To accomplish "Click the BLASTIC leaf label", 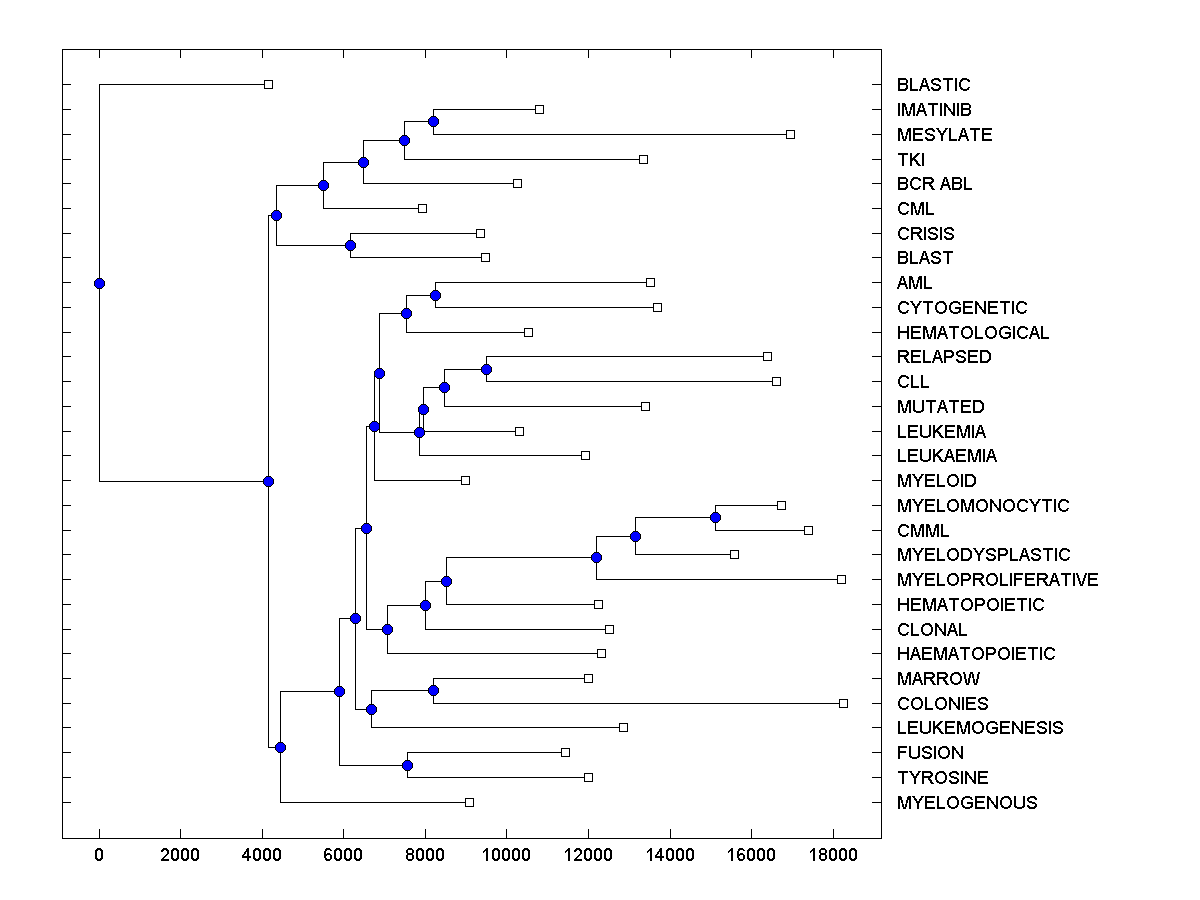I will [933, 85].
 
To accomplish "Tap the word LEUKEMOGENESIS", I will [980, 728].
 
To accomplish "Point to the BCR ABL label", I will [934, 184].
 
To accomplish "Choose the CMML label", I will [923, 531].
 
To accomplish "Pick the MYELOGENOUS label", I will [967, 803].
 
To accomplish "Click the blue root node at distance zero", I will [99, 283].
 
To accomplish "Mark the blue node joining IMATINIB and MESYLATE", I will [433, 122].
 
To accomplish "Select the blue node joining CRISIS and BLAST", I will [350, 245].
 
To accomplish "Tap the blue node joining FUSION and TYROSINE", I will [407, 765].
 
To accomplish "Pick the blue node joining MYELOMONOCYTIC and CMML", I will [715, 517].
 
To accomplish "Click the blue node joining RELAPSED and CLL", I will [486, 369].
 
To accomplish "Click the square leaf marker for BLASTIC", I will [268, 84].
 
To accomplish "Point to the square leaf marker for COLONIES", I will [843, 703].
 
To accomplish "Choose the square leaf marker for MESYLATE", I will [790, 134].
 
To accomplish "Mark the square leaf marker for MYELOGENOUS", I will [469, 802].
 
